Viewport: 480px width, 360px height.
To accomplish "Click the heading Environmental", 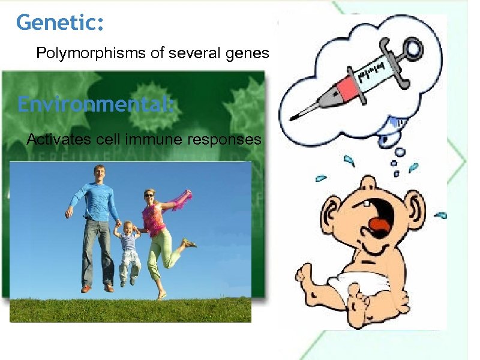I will click(95, 104).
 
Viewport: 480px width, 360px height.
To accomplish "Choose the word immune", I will click(155, 140).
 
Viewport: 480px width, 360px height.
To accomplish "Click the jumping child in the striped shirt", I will click(128, 246).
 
